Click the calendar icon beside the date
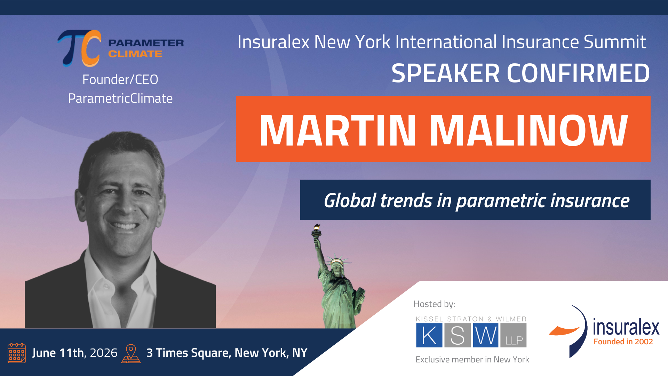click(x=17, y=353)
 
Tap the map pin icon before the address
click(x=131, y=354)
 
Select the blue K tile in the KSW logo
click(x=429, y=335)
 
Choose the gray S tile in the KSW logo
click(x=458, y=335)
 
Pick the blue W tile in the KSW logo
click(x=486, y=335)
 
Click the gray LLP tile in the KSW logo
click(x=514, y=335)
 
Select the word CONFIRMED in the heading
click(x=578, y=73)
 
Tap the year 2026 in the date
click(x=104, y=353)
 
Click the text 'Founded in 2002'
click(x=623, y=342)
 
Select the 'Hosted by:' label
click(x=434, y=304)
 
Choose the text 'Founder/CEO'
click(x=120, y=80)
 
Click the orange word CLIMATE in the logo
click(x=135, y=54)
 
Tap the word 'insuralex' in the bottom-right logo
click(x=626, y=327)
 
